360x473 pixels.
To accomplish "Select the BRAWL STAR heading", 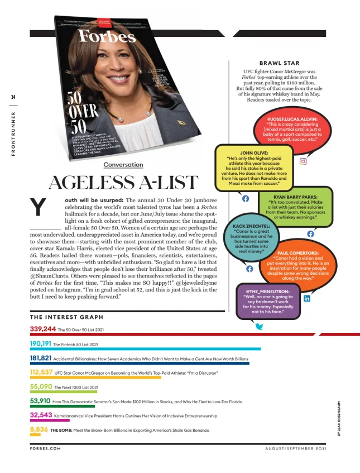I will [280, 63].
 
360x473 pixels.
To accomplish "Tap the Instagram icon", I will [304, 162].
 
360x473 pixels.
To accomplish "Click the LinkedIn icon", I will [307, 299].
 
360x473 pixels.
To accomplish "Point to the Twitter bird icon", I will [260, 326].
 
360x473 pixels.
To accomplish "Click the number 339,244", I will [43, 329].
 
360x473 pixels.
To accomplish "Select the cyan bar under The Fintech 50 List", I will [145, 349].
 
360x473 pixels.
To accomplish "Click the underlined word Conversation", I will [123, 165].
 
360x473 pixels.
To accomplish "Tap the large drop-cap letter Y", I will [37, 208].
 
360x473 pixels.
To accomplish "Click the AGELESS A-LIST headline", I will [123, 183].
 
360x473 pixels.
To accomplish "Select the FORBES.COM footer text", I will [45, 448].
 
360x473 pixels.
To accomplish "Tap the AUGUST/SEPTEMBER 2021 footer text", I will [296, 448].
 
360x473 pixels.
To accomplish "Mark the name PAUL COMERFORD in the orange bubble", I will [297, 253].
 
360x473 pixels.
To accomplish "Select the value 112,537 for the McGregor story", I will [41, 372].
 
